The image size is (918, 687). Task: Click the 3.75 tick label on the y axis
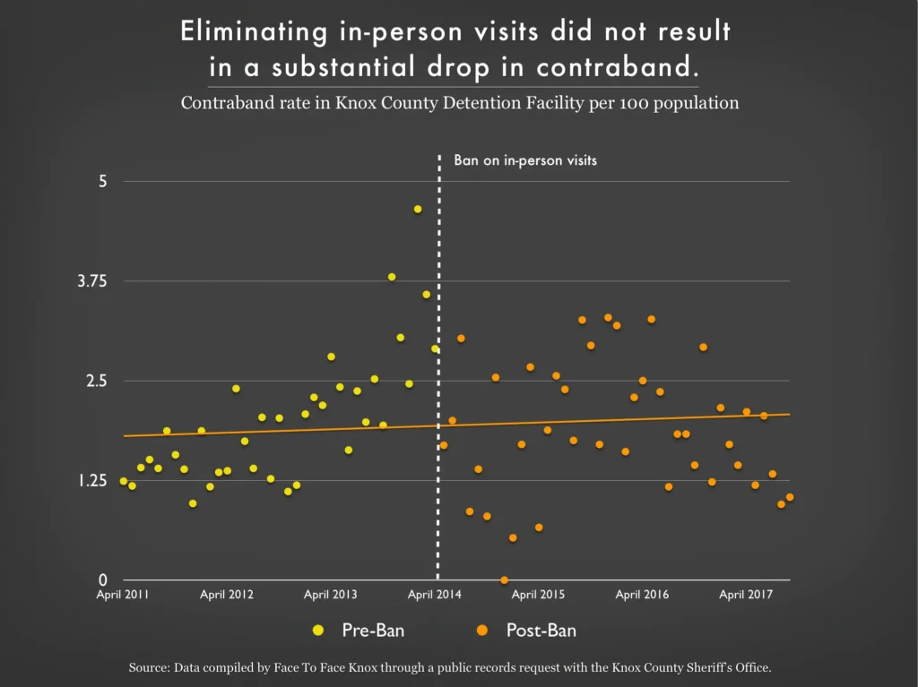point(92,281)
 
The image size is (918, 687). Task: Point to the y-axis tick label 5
point(102,181)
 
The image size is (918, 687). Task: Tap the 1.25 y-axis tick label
point(92,481)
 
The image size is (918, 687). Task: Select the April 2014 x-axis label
point(436,595)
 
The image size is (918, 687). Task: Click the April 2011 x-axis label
point(123,595)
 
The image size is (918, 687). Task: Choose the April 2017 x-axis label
point(747,595)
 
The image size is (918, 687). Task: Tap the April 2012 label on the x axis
point(227,595)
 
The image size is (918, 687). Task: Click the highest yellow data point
point(418,209)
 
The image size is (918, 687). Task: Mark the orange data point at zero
point(504,580)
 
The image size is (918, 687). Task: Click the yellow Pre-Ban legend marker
point(318,631)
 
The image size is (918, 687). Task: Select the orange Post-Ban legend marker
point(482,631)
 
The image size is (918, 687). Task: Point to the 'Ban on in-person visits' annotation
point(525,161)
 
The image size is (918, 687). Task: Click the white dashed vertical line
point(438,358)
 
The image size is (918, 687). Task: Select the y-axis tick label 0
point(102,580)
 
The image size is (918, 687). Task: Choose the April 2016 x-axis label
point(643,595)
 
